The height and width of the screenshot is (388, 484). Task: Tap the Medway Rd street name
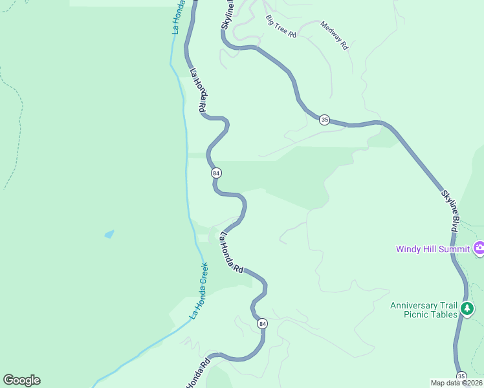(334, 36)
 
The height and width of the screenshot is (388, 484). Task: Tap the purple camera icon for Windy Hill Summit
(479, 248)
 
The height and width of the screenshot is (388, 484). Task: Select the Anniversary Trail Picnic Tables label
(424, 310)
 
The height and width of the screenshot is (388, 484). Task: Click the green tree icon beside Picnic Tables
(467, 311)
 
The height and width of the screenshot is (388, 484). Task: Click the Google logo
(21, 380)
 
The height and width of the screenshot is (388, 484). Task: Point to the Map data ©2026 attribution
(456, 383)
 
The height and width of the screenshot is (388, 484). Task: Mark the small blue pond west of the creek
(109, 234)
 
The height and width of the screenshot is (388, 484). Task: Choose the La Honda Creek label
(199, 290)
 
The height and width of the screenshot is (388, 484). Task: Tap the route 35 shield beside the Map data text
(461, 376)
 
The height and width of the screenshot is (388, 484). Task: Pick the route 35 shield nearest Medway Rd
(324, 120)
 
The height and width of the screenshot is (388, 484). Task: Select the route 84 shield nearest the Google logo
(261, 323)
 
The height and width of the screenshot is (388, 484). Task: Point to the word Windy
(409, 249)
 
